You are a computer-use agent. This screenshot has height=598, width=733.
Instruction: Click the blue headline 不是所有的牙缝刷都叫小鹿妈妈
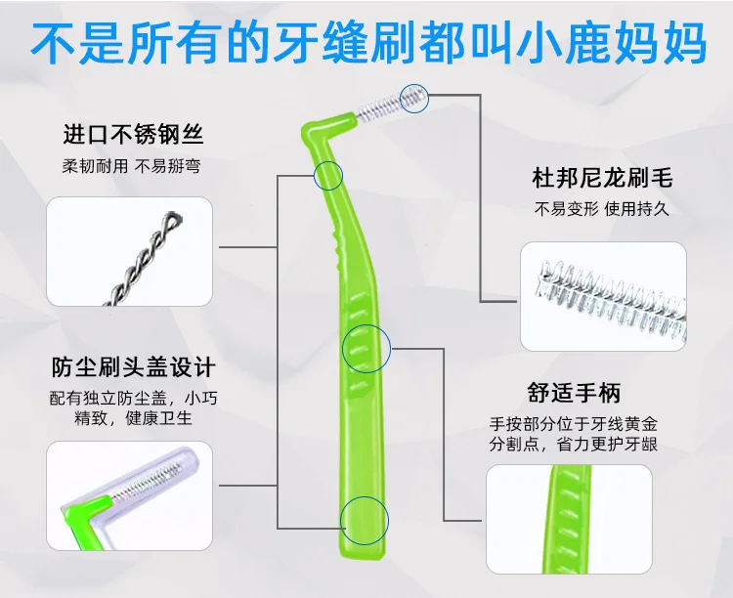coord(368,43)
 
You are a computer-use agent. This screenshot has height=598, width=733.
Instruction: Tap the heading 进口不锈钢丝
coord(133,135)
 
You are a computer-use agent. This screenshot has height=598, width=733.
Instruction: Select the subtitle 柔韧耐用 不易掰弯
coord(132,166)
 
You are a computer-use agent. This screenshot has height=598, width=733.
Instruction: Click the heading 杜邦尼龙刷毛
coord(602,178)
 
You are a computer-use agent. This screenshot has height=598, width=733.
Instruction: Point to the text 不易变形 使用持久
coord(602,209)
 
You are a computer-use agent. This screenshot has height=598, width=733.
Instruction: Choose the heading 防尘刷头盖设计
coord(133,367)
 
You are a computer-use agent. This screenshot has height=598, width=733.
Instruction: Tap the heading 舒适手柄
coord(574,393)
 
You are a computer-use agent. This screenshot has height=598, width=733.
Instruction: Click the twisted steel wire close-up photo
coord(129,251)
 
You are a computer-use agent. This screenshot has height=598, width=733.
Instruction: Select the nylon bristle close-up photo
coord(604,296)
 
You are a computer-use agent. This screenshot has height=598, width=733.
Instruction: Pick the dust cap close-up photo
coord(129,495)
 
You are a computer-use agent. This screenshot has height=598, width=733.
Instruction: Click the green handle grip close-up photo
coord(569,519)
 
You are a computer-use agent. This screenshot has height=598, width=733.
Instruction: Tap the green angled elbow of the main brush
coord(314,131)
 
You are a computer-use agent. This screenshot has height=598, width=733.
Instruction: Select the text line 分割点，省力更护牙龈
coord(574,444)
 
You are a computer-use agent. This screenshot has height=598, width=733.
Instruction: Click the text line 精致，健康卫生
coord(133,418)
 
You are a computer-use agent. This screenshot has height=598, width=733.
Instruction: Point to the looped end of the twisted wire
coord(173,219)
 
